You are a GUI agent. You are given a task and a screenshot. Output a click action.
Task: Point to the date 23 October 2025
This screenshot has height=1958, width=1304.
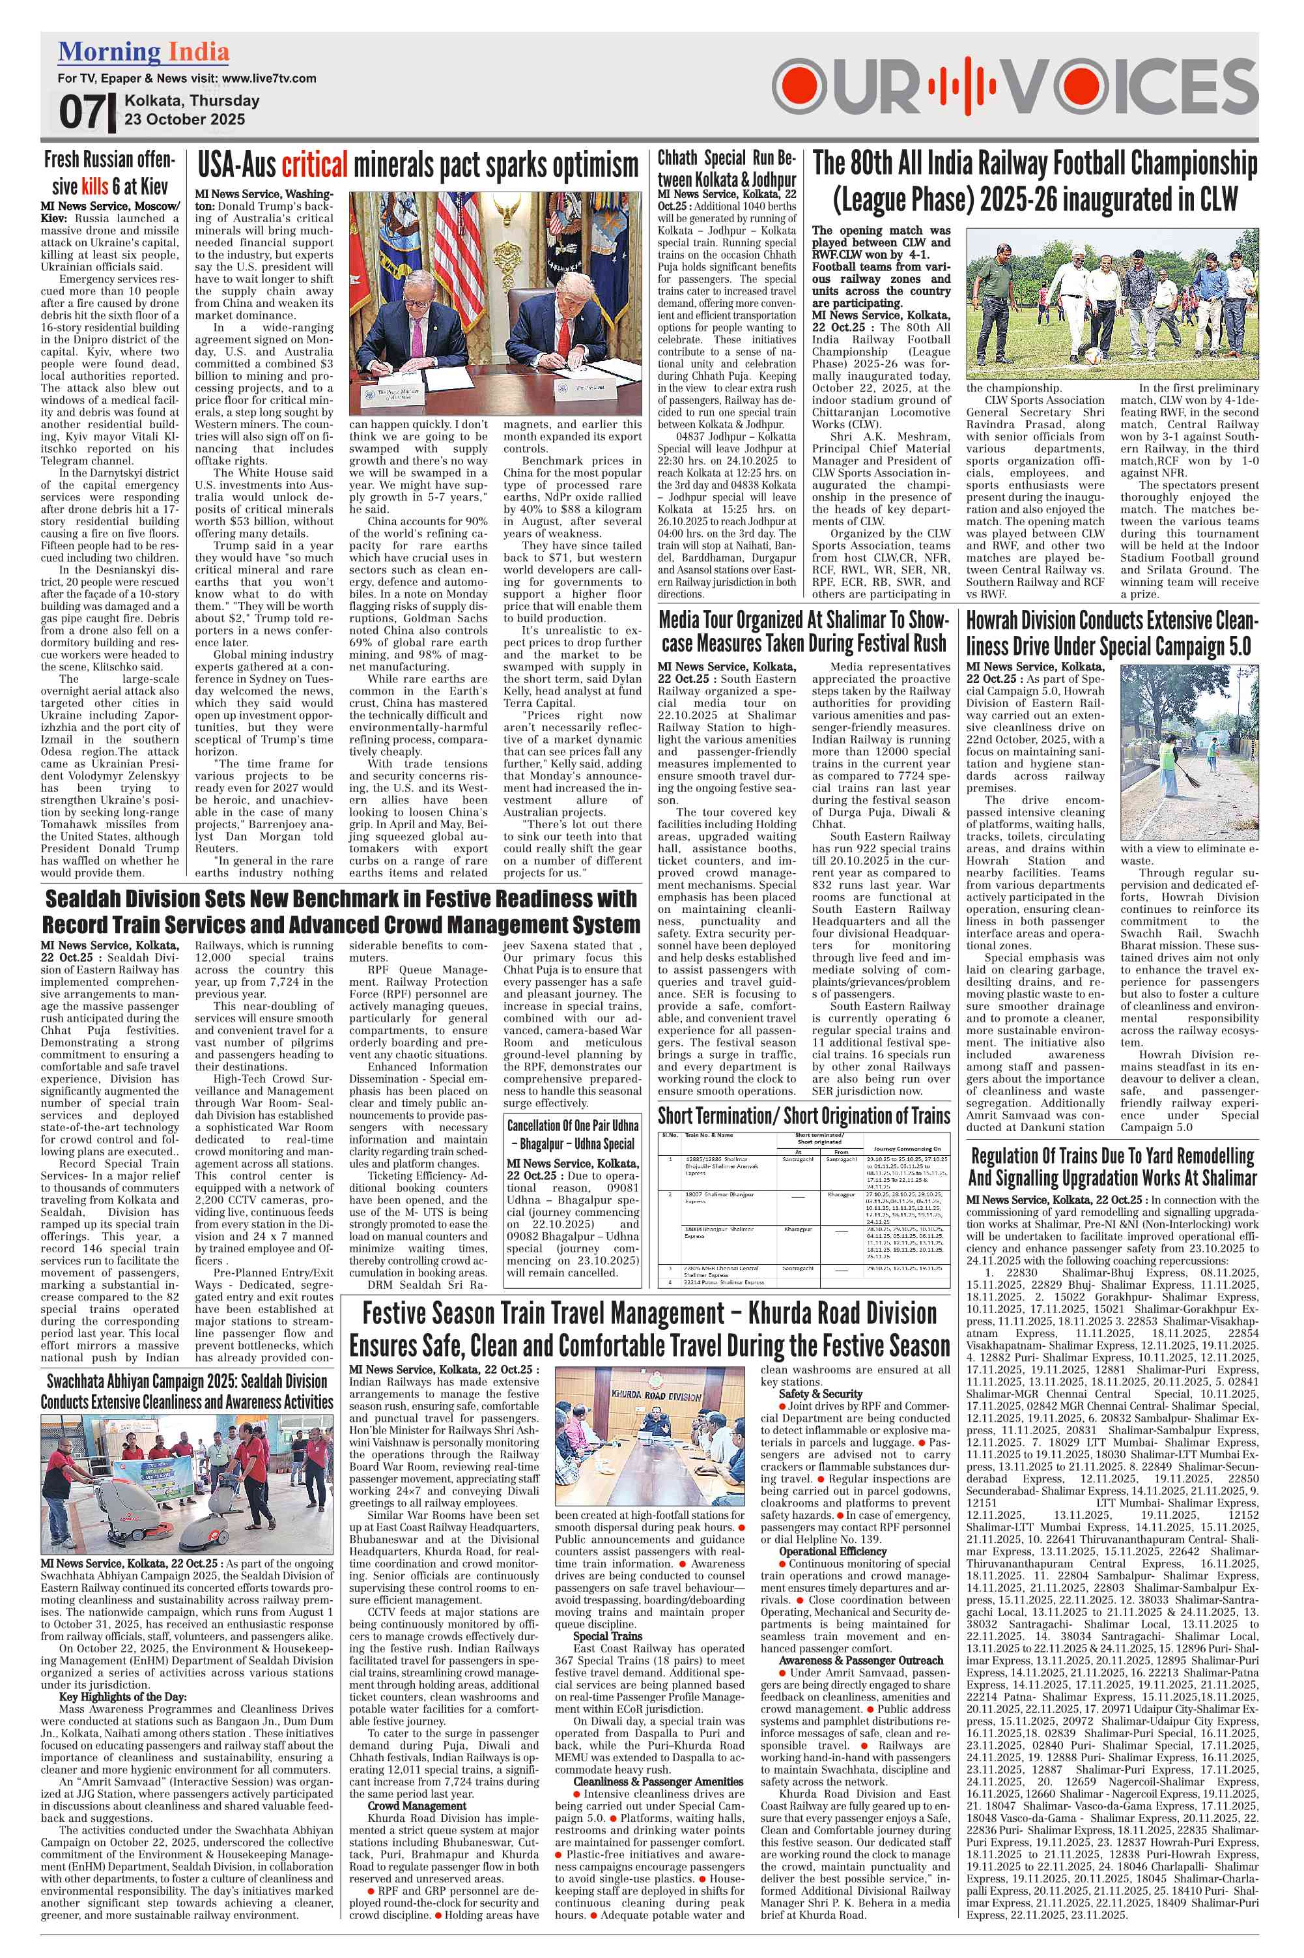click(x=184, y=119)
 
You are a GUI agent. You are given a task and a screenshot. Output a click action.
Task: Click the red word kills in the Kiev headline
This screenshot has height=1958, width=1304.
click(x=95, y=184)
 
